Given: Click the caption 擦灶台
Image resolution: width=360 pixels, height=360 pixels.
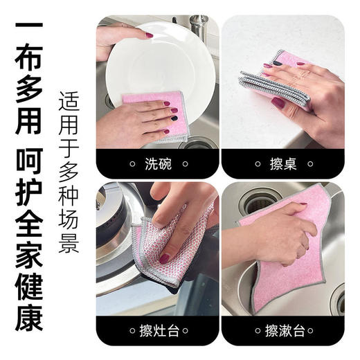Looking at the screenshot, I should [157, 330].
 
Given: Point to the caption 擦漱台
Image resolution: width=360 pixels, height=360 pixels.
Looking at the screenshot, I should [283, 330].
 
